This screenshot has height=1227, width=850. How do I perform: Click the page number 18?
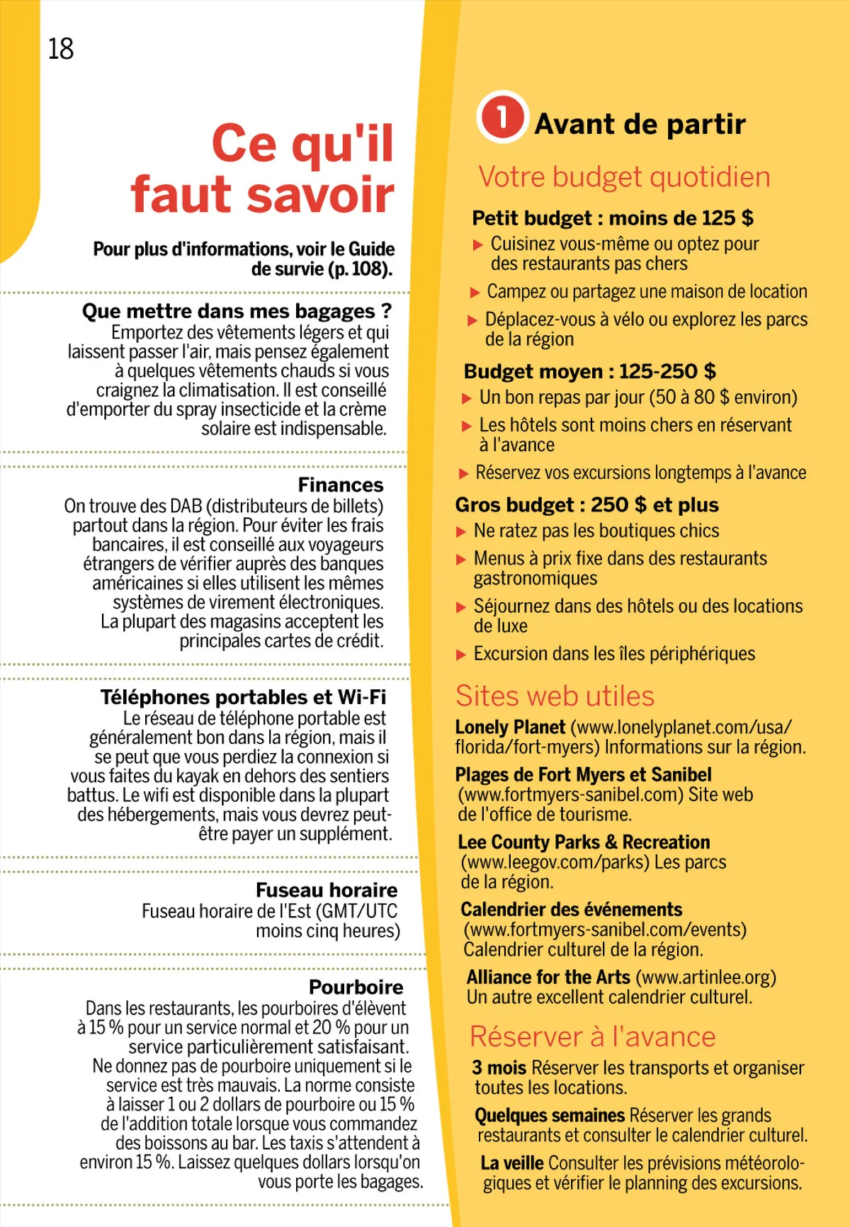[x=61, y=49]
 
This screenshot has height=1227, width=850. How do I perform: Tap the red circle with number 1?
[x=501, y=117]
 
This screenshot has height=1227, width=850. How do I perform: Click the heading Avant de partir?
[x=640, y=124]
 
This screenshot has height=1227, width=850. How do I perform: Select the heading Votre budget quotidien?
[x=624, y=177]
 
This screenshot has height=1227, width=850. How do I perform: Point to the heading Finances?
[x=341, y=485]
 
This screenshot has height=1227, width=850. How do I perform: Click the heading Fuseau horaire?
[x=327, y=890]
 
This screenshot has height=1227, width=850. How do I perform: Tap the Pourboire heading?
[x=356, y=987]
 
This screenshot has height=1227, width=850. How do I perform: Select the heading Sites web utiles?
[x=555, y=696]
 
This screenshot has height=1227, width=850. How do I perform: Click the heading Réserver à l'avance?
[x=593, y=1036]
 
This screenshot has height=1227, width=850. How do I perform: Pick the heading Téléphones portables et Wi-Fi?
[x=243, y=697]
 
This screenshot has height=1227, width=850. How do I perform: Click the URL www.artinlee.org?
[x=705, y=978]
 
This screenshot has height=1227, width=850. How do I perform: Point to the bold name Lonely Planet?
[x=510, y=728]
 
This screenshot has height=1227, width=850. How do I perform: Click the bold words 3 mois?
[x=499, y=1068]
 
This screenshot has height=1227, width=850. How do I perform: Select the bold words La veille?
[x=511, y=1163]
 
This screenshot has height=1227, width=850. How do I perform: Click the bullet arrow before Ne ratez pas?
[x=461, y=532]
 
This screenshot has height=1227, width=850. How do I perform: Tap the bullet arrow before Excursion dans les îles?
[x=461, y=655]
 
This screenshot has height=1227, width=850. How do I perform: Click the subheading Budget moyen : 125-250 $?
[x=589, y=371]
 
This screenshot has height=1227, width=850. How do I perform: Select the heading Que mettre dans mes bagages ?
[x=237, y=311]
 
